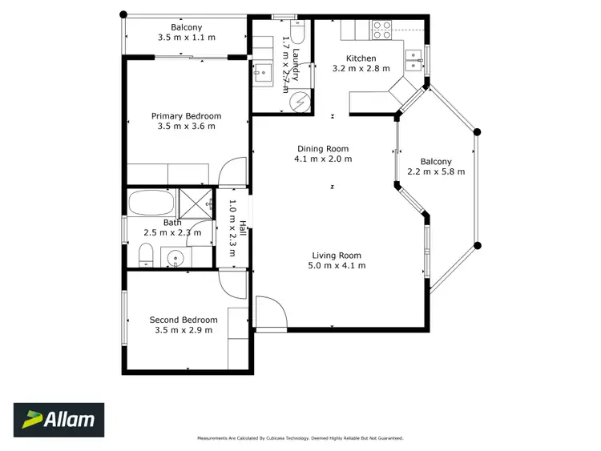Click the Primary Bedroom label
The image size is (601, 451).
tap(186, 116)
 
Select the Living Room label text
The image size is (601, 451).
tap(338, 256)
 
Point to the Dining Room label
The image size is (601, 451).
tap(323, 148)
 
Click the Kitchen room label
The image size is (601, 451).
tap(360, 58)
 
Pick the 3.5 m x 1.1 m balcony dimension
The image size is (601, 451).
tap(186, 38)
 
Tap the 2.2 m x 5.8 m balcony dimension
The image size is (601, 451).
tap(436, 171)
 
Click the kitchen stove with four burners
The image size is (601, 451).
tap(381, 30)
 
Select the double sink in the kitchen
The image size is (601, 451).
tap(413, 55)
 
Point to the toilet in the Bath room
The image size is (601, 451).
tap(146, 256)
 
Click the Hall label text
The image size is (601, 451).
tap(233, 228)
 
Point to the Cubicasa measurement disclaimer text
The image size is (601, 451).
tap(300, 438)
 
